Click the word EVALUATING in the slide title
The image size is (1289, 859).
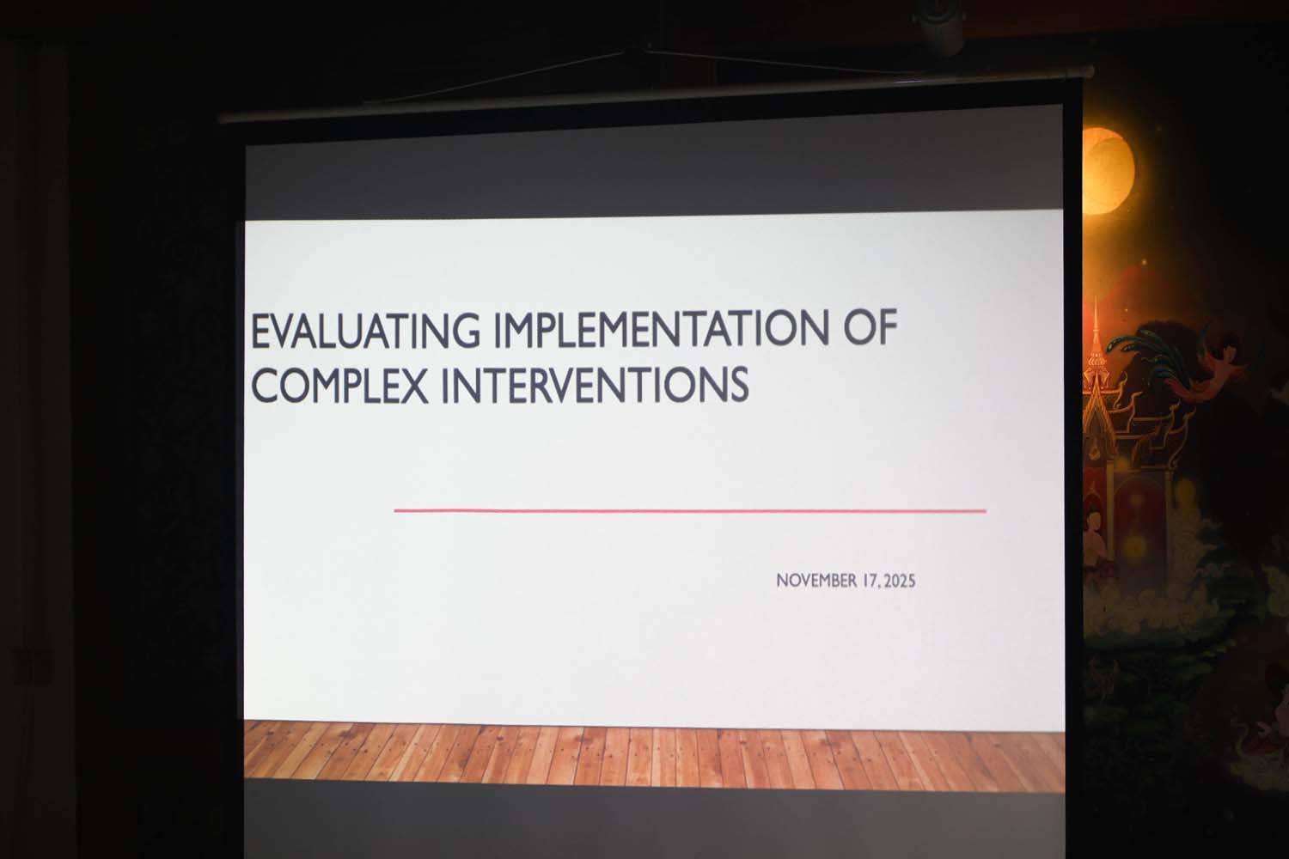click(365, 332)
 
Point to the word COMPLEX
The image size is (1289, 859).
click(339, 385)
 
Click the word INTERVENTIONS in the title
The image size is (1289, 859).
click(595, 384)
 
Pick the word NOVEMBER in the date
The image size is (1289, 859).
click(817, 581)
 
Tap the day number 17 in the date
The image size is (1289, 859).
click(871, 581)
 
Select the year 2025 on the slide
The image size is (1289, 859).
click(900, 582)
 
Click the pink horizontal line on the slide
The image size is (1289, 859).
click(690, 511)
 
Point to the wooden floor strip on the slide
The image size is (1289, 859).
click(654, 755)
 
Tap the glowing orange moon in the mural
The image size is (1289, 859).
click(1107, 171)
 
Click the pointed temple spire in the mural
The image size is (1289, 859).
click(1096, 339)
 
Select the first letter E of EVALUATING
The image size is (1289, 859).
click(260, 332)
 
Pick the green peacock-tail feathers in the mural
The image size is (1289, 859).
click(1145, 351)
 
